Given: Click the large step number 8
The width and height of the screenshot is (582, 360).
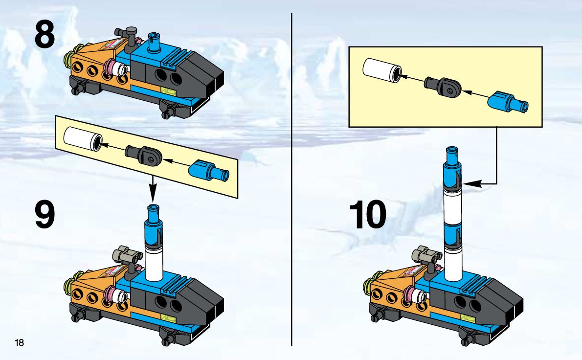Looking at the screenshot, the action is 45,34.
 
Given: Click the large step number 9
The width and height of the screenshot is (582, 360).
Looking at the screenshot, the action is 45,214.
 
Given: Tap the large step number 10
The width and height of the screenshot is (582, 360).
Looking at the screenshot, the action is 367,214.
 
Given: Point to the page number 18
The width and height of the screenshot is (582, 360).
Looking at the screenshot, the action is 19,342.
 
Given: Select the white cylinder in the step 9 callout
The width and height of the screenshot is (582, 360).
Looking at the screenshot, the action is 82,139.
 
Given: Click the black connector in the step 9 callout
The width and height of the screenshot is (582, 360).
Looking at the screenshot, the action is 143,154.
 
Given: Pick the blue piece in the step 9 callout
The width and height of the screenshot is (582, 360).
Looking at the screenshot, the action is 209,170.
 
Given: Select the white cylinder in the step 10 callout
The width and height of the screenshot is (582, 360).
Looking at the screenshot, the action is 382,70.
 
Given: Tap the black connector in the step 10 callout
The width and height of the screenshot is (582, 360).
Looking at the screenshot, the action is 443,86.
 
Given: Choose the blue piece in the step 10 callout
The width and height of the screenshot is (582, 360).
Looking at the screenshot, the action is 507,102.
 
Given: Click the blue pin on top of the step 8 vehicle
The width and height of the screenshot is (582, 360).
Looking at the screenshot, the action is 154,42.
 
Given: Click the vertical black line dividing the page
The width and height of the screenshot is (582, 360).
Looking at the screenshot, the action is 292,180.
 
